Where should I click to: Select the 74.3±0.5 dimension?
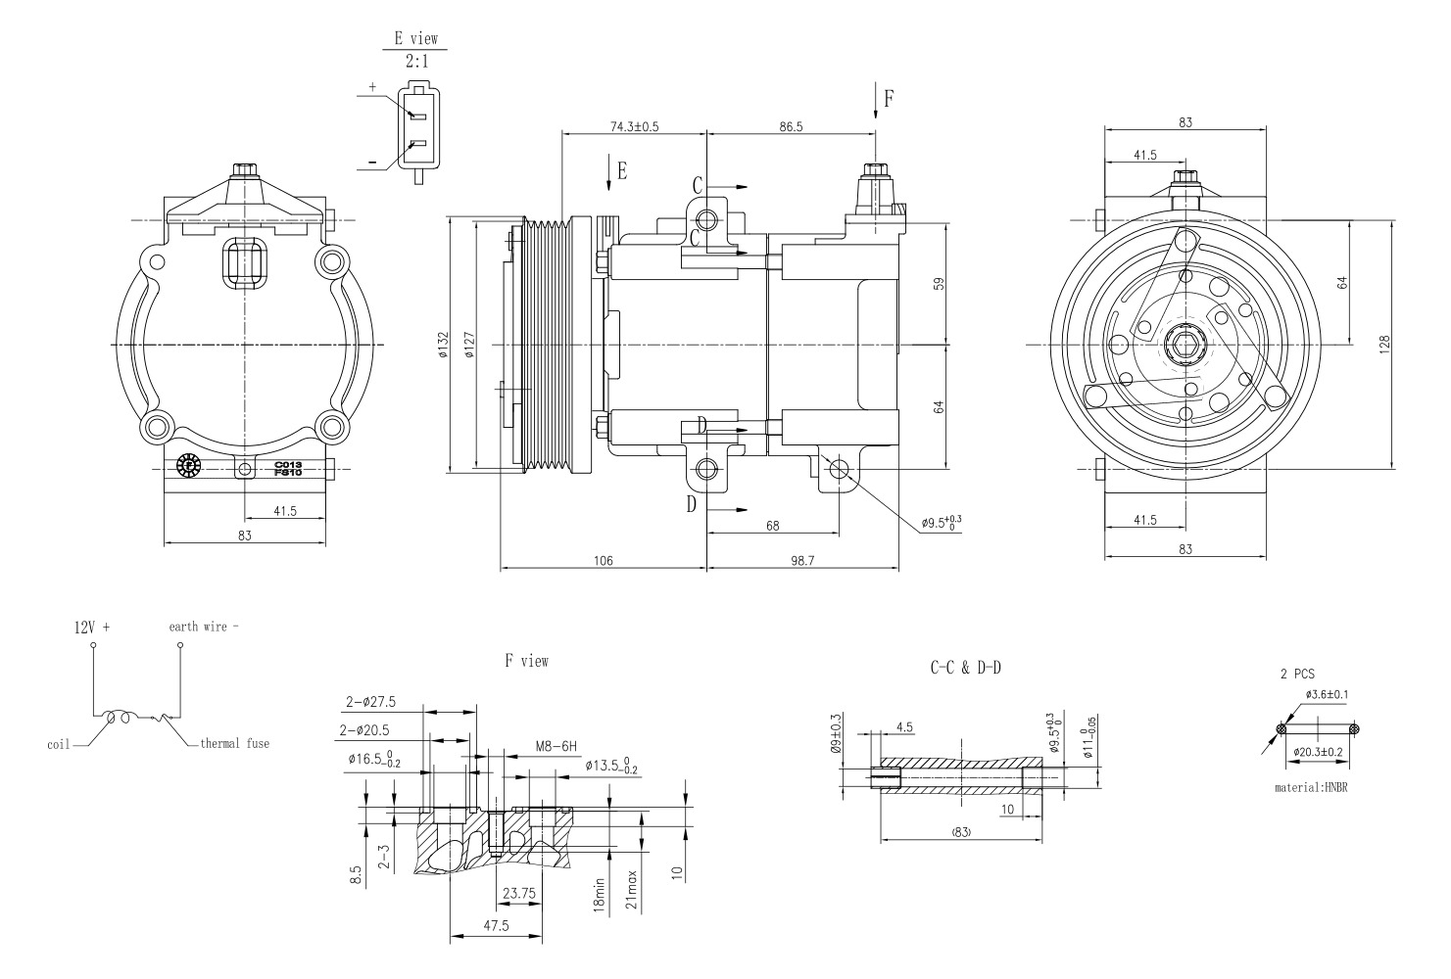634,126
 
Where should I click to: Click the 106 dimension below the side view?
603,561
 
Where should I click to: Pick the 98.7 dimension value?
802,561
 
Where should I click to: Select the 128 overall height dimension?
1384,346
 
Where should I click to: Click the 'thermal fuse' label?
234,744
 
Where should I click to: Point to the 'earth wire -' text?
203,627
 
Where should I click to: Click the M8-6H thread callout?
555,746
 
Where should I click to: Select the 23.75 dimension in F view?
518,893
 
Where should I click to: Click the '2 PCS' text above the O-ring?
1297,675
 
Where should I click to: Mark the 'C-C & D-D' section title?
965,668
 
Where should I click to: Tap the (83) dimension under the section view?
960,831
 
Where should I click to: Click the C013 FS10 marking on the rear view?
288,468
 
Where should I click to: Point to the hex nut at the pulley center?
1185,346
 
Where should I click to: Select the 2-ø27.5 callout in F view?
370,702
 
